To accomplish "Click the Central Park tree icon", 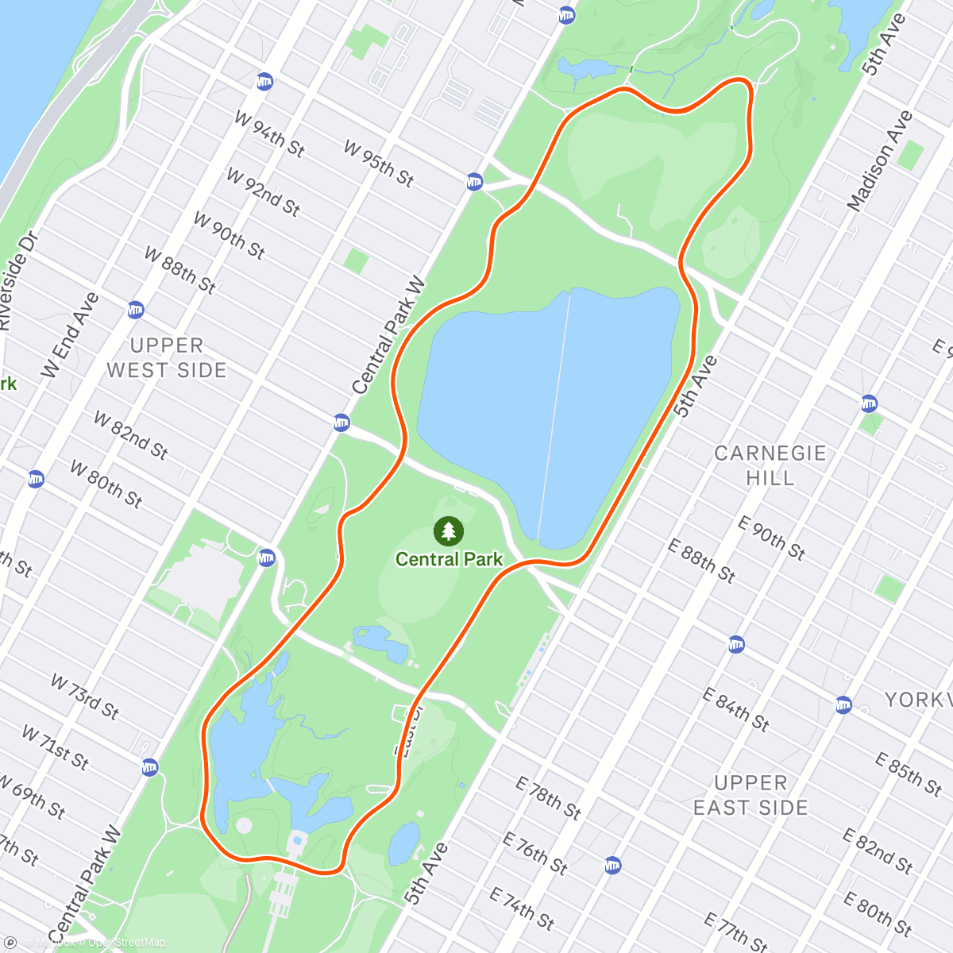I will [x=449, y=531].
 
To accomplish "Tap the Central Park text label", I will [x=449, y=559].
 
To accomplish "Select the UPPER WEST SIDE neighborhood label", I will [x=167, y=358].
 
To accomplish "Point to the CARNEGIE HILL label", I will [x=770, y=465].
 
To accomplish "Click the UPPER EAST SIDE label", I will [x=750, y=795].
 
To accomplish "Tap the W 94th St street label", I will [x=269, y=133].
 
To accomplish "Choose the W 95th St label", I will [x=379, y=163].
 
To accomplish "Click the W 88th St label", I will [x=180, y=270].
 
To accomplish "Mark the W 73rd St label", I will [x=85, y=696].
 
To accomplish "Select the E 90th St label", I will [x=771, y=538].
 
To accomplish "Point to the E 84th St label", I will [x=736, y=708].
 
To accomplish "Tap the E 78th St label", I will [x=548, y=797].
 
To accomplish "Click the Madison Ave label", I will [x=879, y=161].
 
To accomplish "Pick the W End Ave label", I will [x=71, y=334].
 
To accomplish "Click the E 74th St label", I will [x=522, y=909].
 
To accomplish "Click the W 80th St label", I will [x=106, y=484].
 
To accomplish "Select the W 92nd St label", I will [x=263, y=191].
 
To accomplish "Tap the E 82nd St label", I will [x=878, y=851].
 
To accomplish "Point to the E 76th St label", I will [x=534, y=852].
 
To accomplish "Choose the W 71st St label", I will [x=55, y=747].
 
